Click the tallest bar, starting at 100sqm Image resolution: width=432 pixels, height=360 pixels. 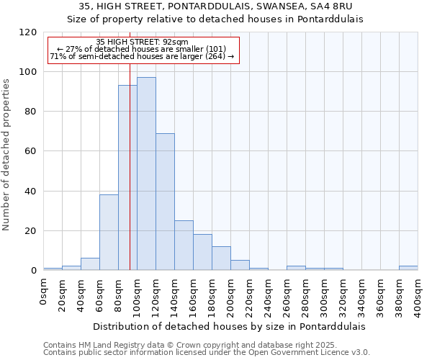[x=146, y=173]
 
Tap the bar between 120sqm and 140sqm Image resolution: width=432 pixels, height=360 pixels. [x=165, y=202]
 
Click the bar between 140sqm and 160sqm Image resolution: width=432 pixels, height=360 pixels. [x=184, y=245]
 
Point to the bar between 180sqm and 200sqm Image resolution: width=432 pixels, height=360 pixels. [x=221, y=258]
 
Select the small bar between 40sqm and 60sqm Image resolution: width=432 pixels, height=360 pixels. [x=90, y=264]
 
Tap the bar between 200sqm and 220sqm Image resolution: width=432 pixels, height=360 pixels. [x=240, y=265]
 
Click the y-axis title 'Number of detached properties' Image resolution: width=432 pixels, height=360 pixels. [x=7, y=155]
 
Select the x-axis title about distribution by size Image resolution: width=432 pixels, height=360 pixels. [x=230, y=326]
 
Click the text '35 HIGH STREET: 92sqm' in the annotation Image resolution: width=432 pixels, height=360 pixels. [x=142, y=42]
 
